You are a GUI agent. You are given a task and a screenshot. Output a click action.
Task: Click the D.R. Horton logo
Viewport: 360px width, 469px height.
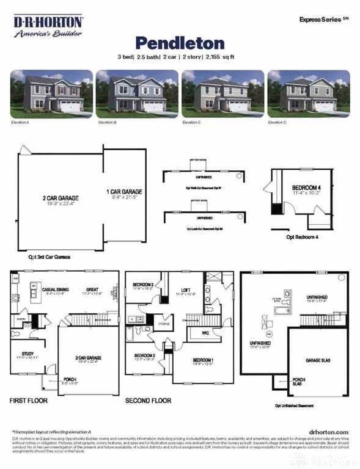pos(48,26)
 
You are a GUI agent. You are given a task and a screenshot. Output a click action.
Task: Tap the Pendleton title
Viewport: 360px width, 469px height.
pos(180,43)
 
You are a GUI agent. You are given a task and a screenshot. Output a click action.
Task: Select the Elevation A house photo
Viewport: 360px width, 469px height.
pos(51,93)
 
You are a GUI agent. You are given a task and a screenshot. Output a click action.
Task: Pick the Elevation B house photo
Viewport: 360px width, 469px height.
pos(137,93)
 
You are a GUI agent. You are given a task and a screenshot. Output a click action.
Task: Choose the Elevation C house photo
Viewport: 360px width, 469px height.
pos(222,93)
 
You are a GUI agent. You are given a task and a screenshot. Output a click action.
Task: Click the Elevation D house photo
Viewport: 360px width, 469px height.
pos(308,93)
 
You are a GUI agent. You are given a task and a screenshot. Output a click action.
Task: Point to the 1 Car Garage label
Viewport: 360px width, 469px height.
pos(125,192)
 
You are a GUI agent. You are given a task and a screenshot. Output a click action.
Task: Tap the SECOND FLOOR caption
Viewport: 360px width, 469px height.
pos(149,401)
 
